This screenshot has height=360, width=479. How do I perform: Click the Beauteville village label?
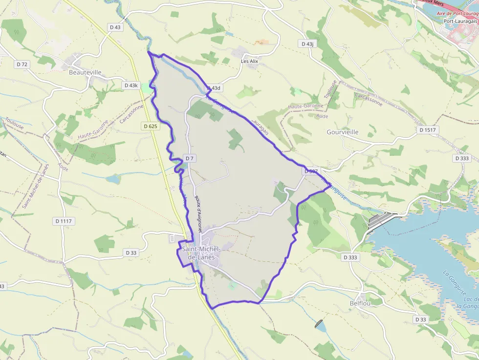(85, 72)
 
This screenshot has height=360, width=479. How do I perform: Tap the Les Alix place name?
(249, 61)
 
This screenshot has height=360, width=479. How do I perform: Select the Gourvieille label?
(342, 132)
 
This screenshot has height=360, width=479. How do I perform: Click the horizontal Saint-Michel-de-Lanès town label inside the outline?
(201, 253)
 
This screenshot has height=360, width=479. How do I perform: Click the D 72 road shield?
(22, 64)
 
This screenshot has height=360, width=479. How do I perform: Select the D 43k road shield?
(131, 85)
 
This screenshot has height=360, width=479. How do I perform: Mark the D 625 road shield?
(151, 126)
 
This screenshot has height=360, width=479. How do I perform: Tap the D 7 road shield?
(190, 158)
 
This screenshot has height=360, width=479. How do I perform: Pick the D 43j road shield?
(307, 44)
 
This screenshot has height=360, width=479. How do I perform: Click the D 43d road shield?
(214, 88)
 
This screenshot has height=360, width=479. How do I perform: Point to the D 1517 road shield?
(427, 130)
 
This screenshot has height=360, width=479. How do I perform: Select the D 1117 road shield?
(63, 221)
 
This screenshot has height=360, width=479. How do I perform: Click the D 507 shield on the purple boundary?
(311, 171)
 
